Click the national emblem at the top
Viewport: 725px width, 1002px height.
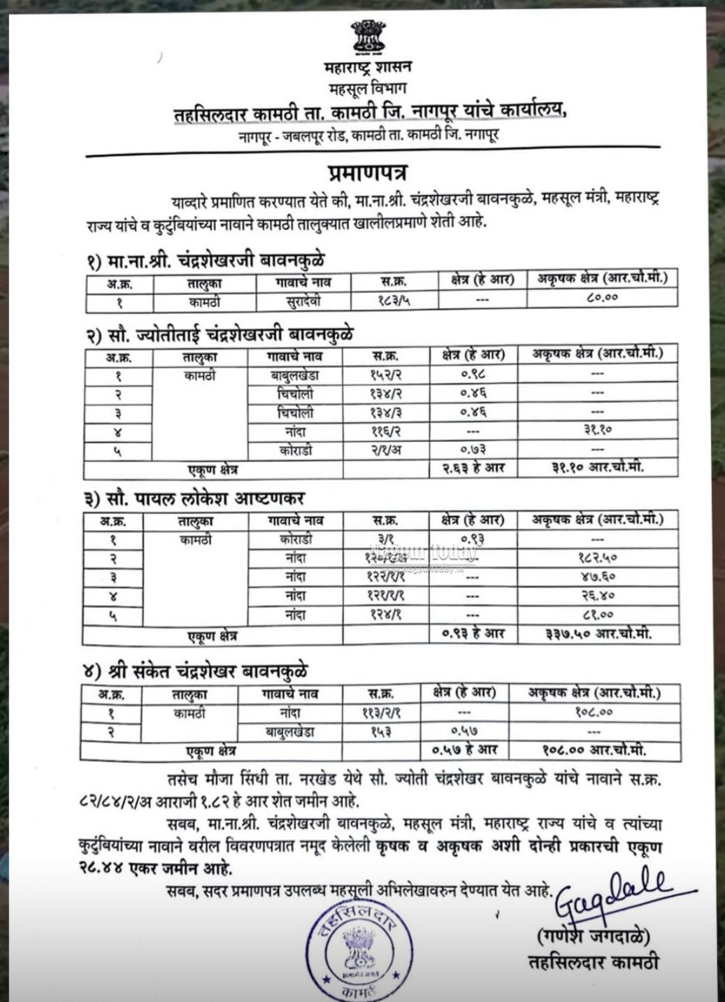[368, 38]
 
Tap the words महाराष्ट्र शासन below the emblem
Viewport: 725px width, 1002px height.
[368, 68]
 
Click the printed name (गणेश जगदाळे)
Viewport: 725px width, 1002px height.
[594, 934]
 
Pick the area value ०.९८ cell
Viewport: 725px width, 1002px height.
[473, 374]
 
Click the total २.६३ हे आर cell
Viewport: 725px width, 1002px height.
[473, 467]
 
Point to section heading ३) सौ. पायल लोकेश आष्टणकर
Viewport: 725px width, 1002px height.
[195, 499]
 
